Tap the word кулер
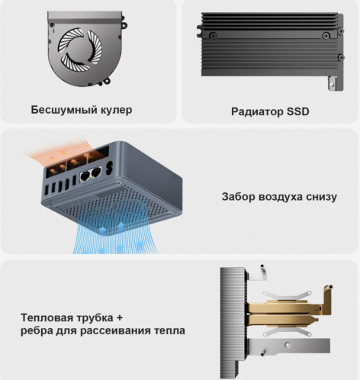tap(117, 110)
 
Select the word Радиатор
tap(257, 111)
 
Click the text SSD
tap(298, 111)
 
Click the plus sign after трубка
tap(119, 318)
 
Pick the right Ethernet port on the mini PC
tap(96, 173)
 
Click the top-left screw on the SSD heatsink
tap(213, 35)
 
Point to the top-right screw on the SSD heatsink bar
tap(326, 35)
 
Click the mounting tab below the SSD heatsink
tap(333, 83)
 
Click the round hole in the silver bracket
tap(288, 345)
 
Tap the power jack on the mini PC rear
tap(110, 167)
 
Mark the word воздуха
tap(280, 197)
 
